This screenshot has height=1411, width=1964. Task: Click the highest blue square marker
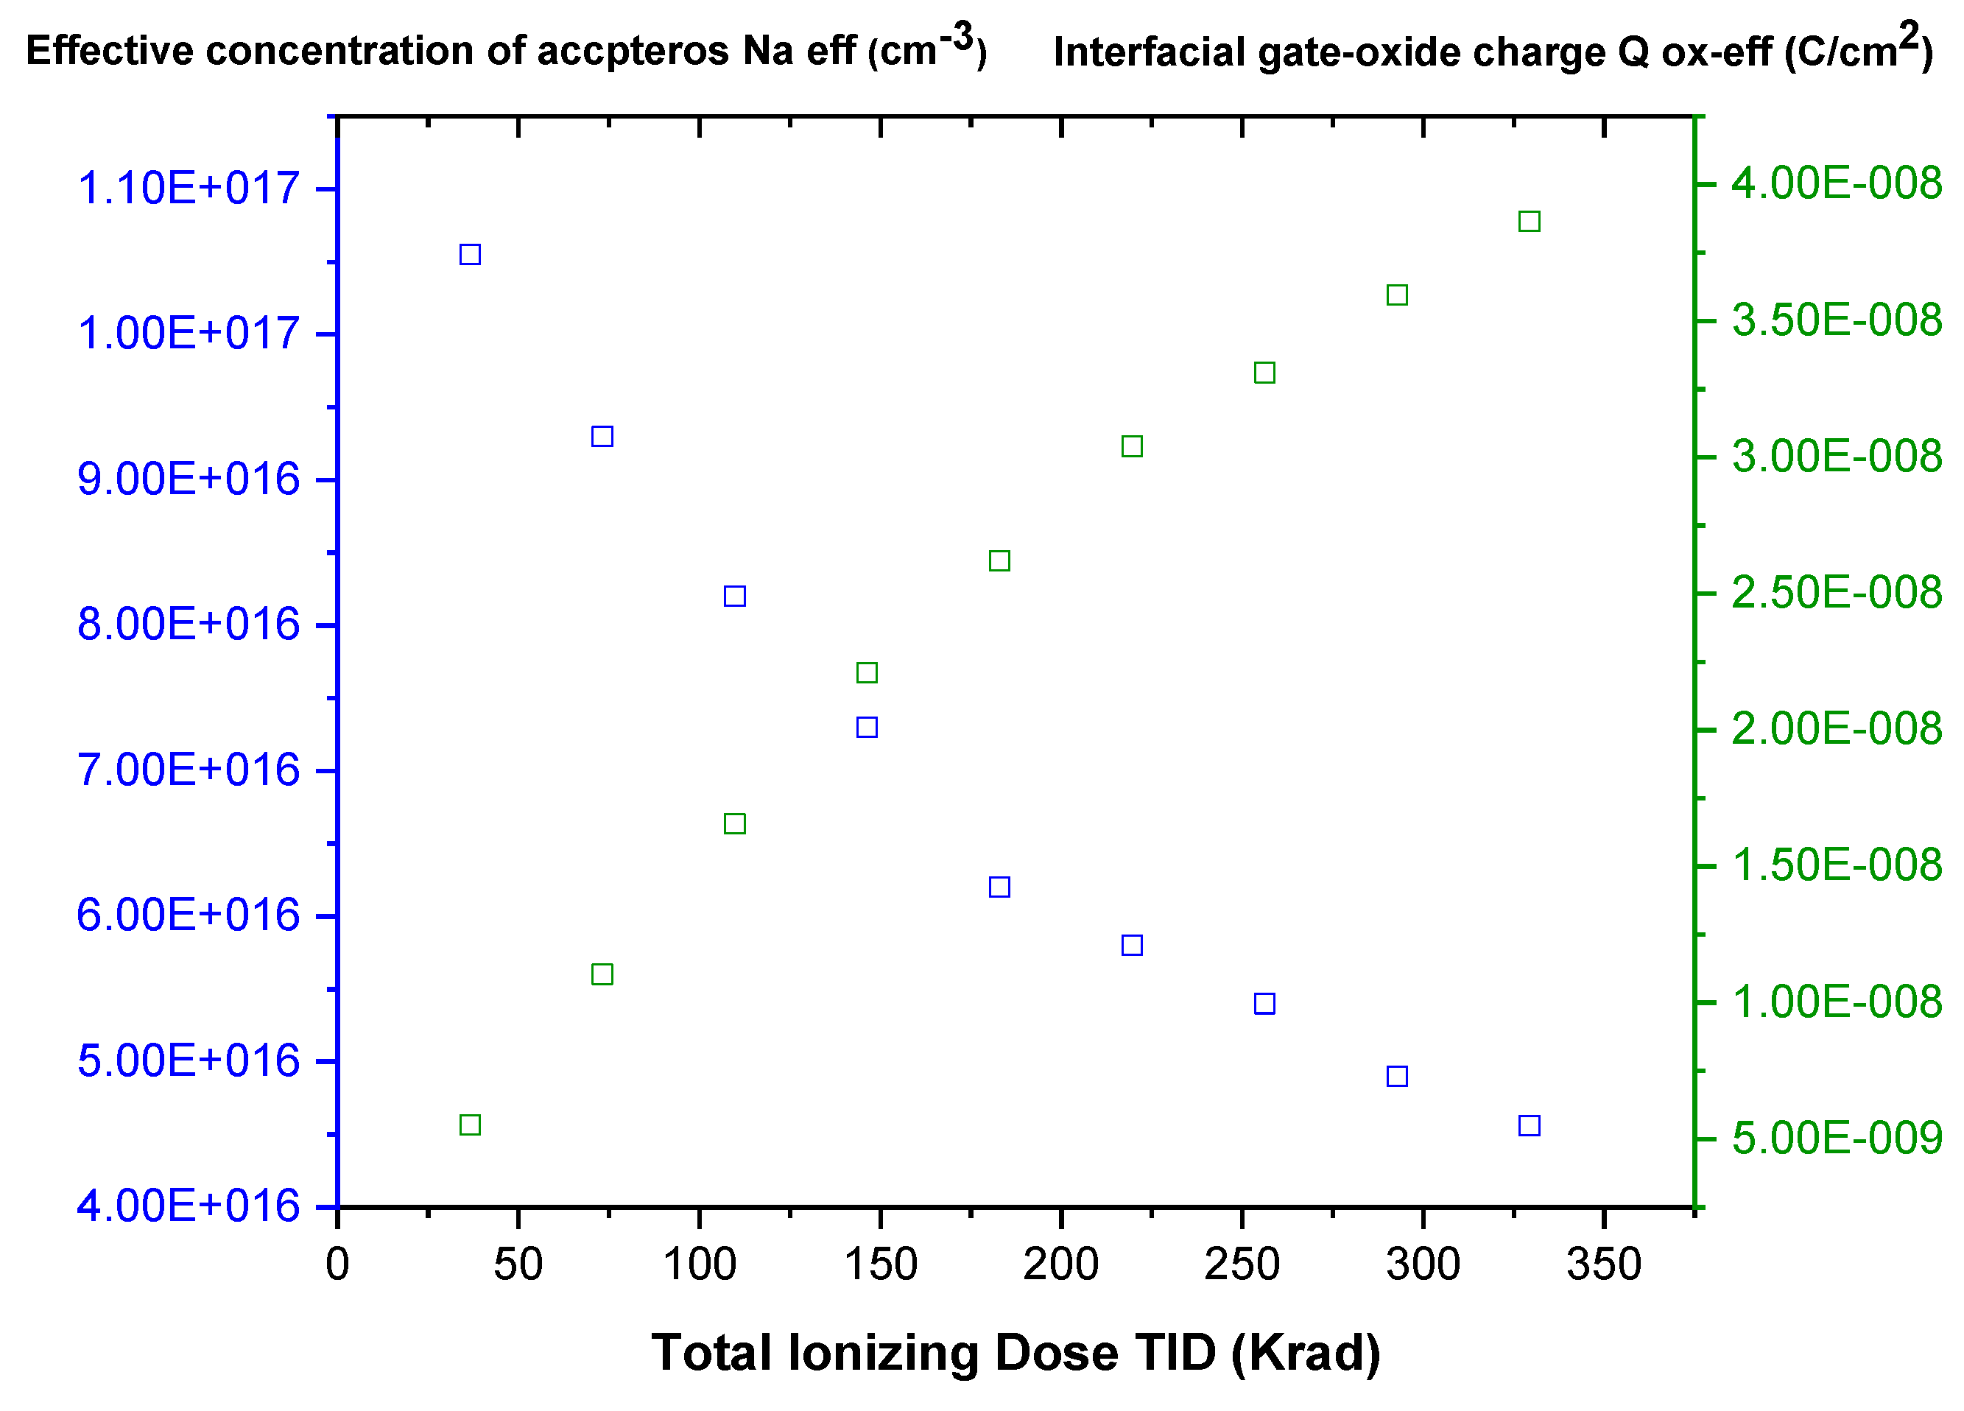469,254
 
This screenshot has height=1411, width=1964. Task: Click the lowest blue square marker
1529,1125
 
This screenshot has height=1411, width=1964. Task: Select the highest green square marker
1529,221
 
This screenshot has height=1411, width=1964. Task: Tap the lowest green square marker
469,1125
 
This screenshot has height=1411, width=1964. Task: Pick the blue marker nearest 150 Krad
866,727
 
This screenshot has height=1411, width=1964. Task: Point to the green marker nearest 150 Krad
866,672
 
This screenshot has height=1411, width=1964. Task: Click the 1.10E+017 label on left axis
188,188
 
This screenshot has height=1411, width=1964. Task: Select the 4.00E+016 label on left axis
188,1206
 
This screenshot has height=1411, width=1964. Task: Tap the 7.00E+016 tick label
188,770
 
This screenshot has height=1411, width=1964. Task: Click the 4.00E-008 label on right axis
1836,183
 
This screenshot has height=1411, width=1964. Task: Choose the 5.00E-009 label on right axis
1836,1139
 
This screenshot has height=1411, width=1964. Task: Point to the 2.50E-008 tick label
1836,594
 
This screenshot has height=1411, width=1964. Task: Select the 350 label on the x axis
1604,1264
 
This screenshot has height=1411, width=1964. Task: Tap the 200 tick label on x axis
1061,1264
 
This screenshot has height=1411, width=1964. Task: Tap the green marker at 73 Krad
602,974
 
